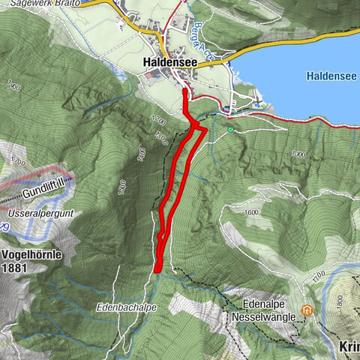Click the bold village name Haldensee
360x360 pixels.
pos(169,64)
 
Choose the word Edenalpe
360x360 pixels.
pos(266,304)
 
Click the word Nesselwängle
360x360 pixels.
pos(270,316)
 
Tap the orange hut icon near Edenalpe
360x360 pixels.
pos(307,310)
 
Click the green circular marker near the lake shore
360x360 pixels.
pos(229,130)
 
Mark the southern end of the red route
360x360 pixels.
pos(157,269)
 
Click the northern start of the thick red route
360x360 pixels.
pos(185,91)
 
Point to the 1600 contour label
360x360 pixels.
pos(250,212)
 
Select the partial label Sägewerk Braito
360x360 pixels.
pos(46,4)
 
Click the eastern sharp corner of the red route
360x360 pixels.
pos(205,129)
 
